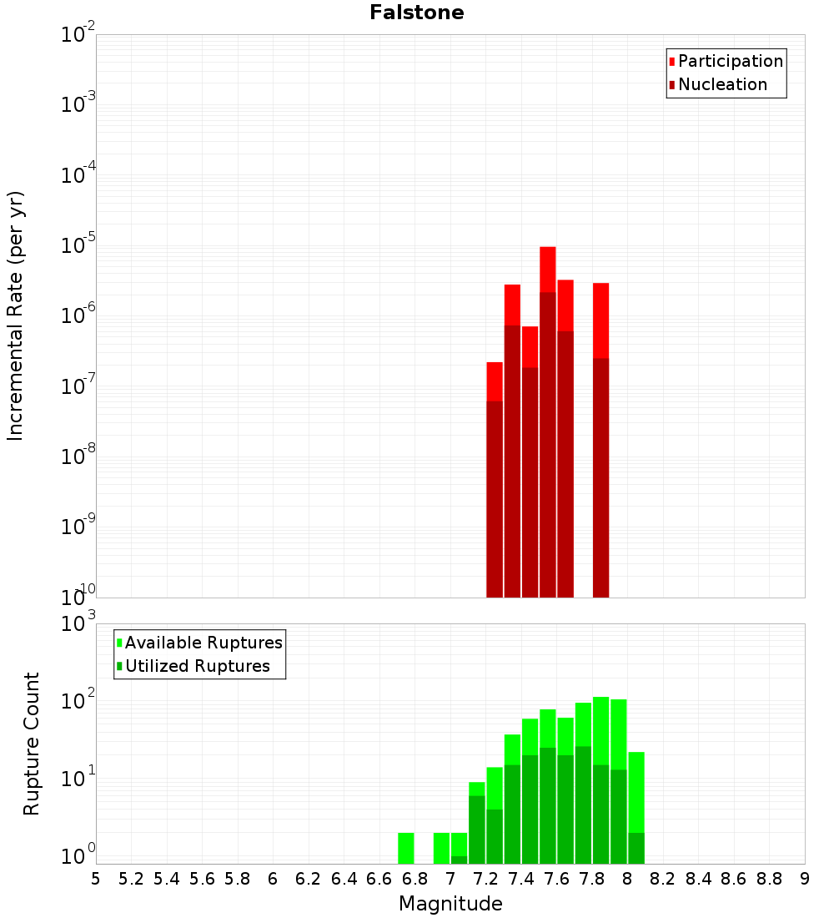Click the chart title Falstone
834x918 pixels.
click(417, 13)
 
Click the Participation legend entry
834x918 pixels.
click(730, 61)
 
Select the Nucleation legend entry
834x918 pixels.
click(721, 84)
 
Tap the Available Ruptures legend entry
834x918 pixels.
click(203, 643)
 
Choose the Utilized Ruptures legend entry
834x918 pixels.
click(197, 666)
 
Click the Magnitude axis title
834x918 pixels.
click(450, 904)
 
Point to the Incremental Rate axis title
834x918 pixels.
click(16, 316)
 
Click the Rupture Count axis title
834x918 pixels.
click(32, 744)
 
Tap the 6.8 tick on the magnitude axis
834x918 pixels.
click(414, 879)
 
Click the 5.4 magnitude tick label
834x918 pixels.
click(167, 879)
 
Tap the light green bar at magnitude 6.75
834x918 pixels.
click(405, 848)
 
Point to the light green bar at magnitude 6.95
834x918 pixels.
click(441, 848)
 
